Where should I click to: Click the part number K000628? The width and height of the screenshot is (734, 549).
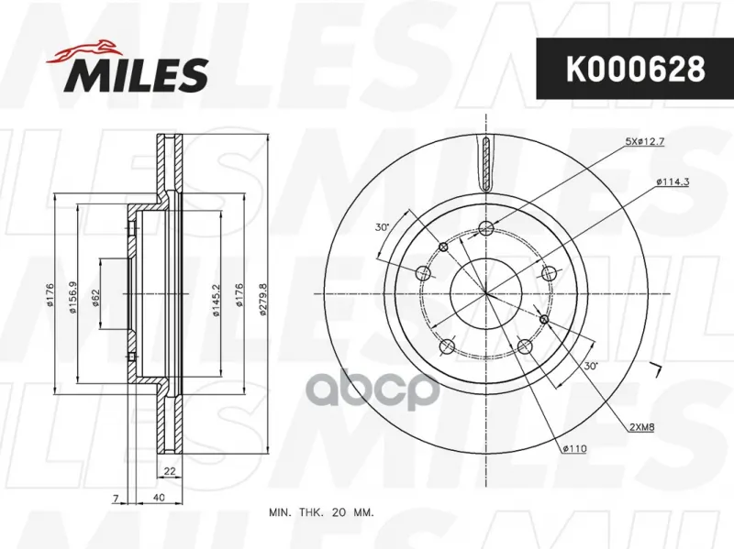[635, 70]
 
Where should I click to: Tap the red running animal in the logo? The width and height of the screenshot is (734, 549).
[83, 50]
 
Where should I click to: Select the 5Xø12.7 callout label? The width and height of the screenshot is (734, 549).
[645, 142]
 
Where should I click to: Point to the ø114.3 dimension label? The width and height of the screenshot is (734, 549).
[673, 181]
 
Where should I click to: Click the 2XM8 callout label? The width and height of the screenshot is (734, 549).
[640, 426]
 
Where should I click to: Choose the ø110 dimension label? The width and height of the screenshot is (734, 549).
[574, 449]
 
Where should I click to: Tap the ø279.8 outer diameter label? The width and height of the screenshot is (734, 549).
[262, 300]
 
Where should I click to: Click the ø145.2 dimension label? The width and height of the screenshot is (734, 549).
[216, 301]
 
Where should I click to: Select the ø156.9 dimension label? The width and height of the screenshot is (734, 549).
[72, 296]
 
